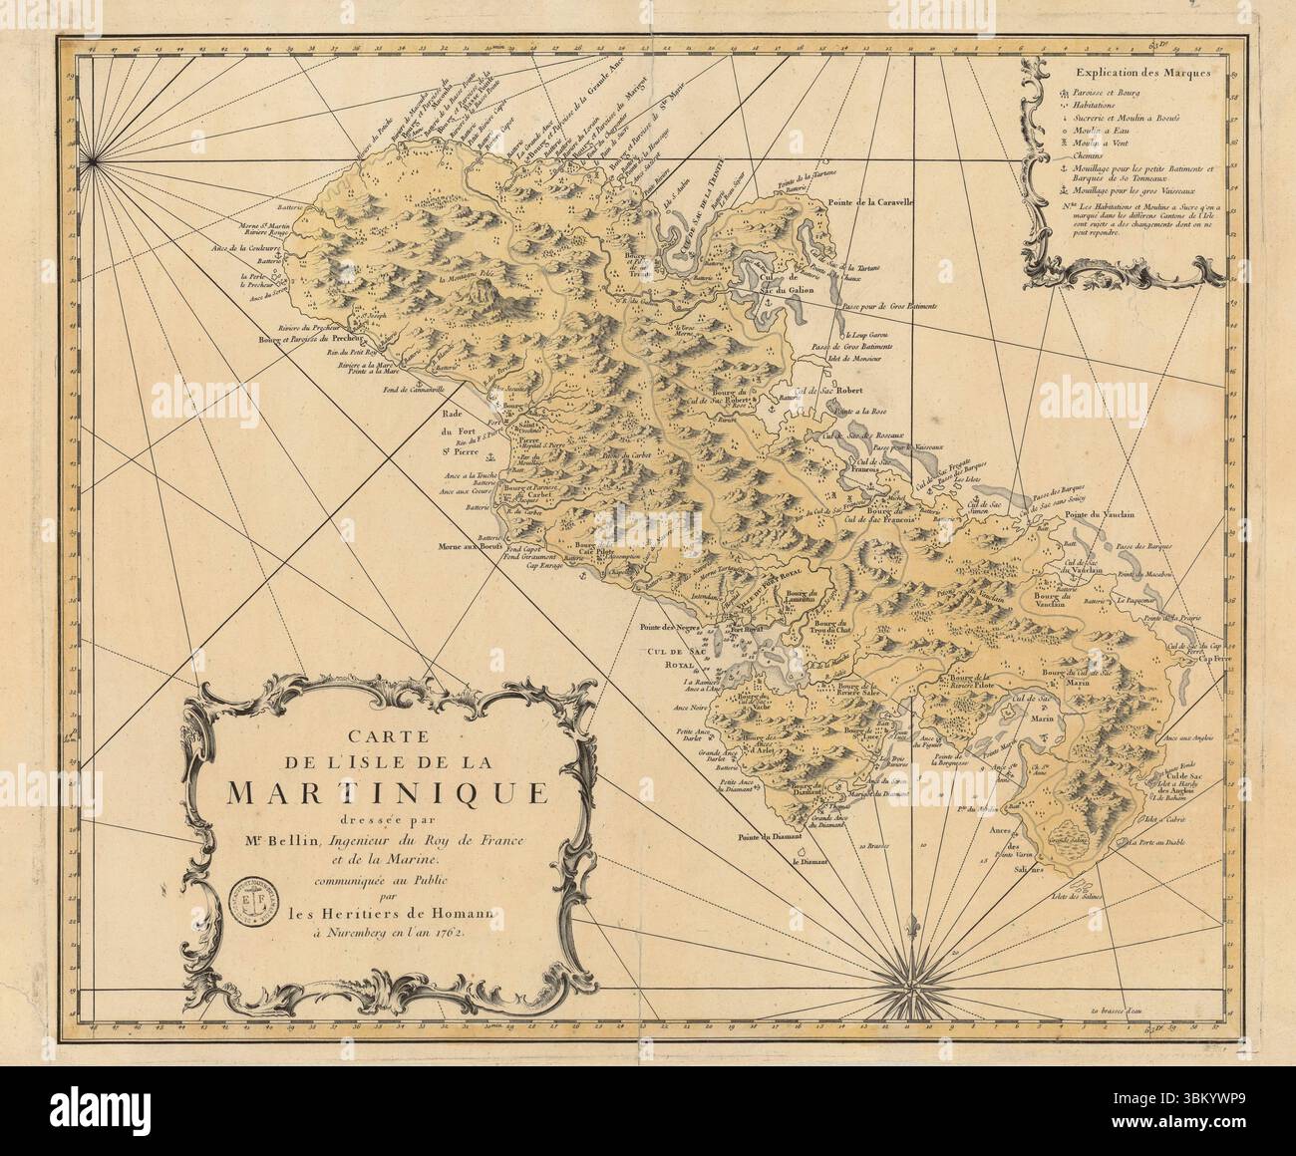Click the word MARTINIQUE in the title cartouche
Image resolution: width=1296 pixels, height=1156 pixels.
coord(386,791)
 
